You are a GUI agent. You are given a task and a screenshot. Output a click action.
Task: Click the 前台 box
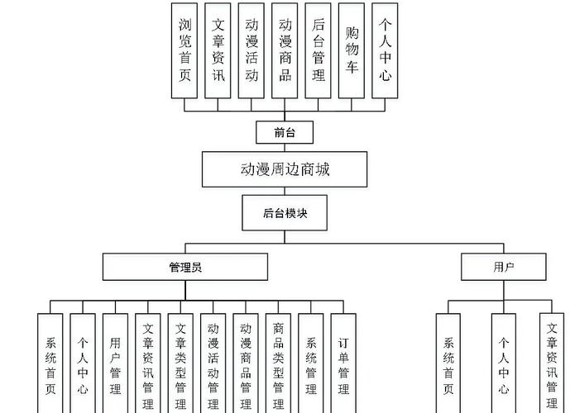(285, 131)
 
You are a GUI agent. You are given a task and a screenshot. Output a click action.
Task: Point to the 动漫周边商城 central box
(285, 170)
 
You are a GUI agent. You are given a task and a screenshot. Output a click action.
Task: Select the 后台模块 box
(285, 212)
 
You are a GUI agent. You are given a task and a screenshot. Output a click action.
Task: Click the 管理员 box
(185, 267)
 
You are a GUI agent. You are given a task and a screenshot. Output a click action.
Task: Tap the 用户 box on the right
(504, 267)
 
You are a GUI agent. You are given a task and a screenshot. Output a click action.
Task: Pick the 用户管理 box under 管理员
(115, 363)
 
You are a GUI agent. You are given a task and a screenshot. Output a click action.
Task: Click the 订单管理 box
(343, 363)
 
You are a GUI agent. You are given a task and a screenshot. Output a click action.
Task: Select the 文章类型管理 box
(180, 363)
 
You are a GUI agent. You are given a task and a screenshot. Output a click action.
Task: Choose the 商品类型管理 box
(278, 363)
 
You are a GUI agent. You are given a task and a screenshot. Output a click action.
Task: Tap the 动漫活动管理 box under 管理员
(213, 363)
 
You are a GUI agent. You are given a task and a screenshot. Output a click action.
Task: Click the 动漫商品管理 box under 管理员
(246, 363)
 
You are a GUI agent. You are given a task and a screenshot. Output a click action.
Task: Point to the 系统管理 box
(311, 363)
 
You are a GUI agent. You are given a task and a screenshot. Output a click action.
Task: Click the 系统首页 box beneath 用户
(448, 363)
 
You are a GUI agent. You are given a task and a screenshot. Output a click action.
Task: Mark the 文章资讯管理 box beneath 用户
(552, 363)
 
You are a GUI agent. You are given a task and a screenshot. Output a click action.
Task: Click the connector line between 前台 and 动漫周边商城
(285, 148)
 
